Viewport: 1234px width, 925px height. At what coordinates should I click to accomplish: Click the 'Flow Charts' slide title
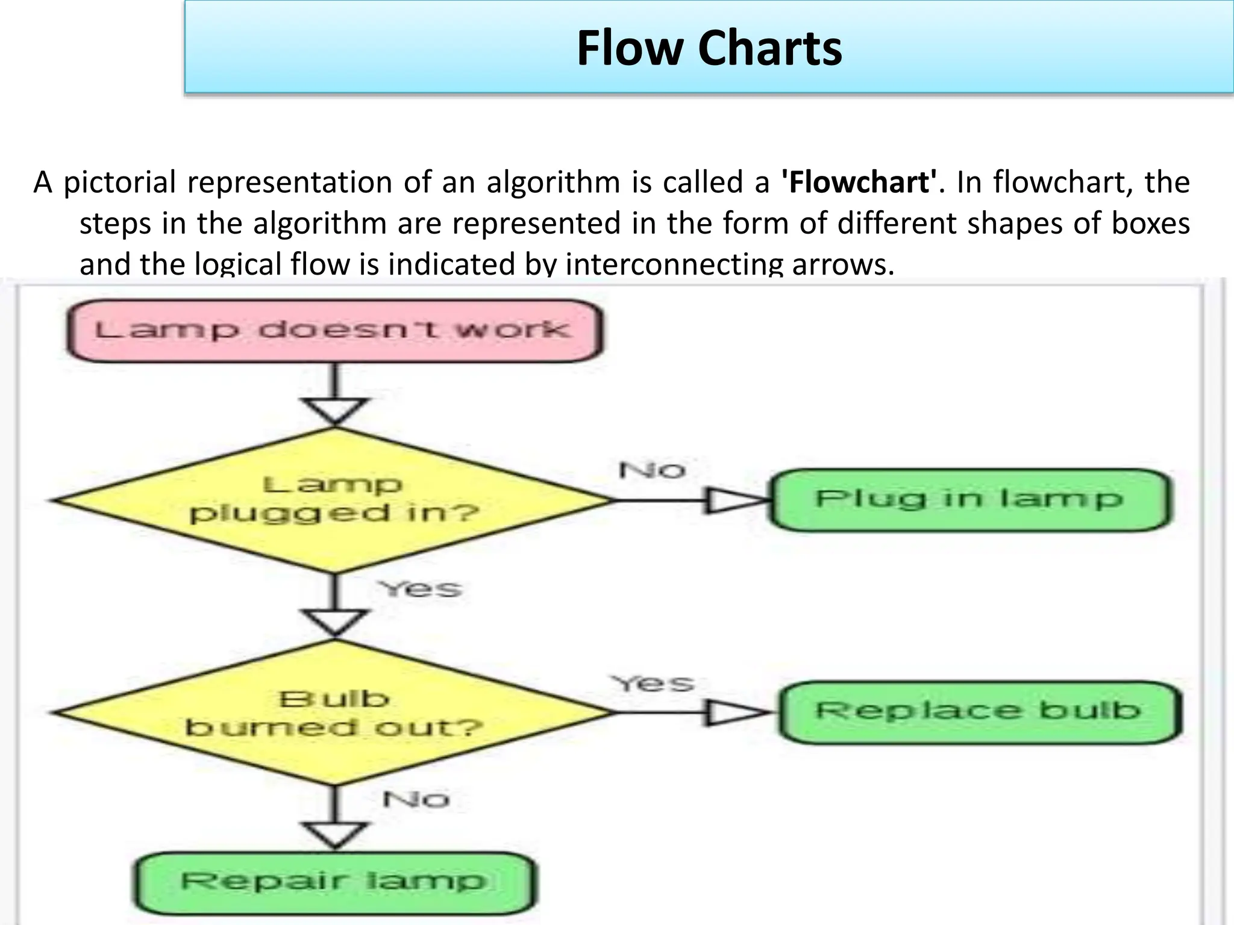[x=709, y=48]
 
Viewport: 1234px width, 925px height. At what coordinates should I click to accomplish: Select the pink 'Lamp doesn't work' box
[x=334, y=331]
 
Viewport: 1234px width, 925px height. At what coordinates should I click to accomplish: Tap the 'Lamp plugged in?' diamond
[x=334, y=500]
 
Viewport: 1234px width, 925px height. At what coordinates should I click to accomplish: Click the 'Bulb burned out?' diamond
[x=334, y=713]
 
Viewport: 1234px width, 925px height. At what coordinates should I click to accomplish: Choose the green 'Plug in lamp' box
[x=970, y=500]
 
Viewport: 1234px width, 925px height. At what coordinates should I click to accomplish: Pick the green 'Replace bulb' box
[x=979, y=712]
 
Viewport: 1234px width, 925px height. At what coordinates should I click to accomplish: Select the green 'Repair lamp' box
[x=334, y=882]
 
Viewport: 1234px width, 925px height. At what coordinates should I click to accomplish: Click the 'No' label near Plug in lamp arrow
[x=652, y=470]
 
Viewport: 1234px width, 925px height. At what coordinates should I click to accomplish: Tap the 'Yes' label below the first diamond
[x=420, y=588]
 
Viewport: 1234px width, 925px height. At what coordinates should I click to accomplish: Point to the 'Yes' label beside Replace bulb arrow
[x=652, y=683]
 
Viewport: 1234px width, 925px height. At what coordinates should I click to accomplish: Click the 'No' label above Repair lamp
[x=416, y=800]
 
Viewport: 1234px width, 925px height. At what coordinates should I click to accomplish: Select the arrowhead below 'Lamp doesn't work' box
[x=335, y=411]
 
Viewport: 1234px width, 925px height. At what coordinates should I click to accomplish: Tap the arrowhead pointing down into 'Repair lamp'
[x=335, y=835]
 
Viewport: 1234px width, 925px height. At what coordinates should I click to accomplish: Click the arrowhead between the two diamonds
[x=335, y=623]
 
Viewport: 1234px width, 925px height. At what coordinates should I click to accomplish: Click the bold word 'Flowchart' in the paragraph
[x=859, y=182]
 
